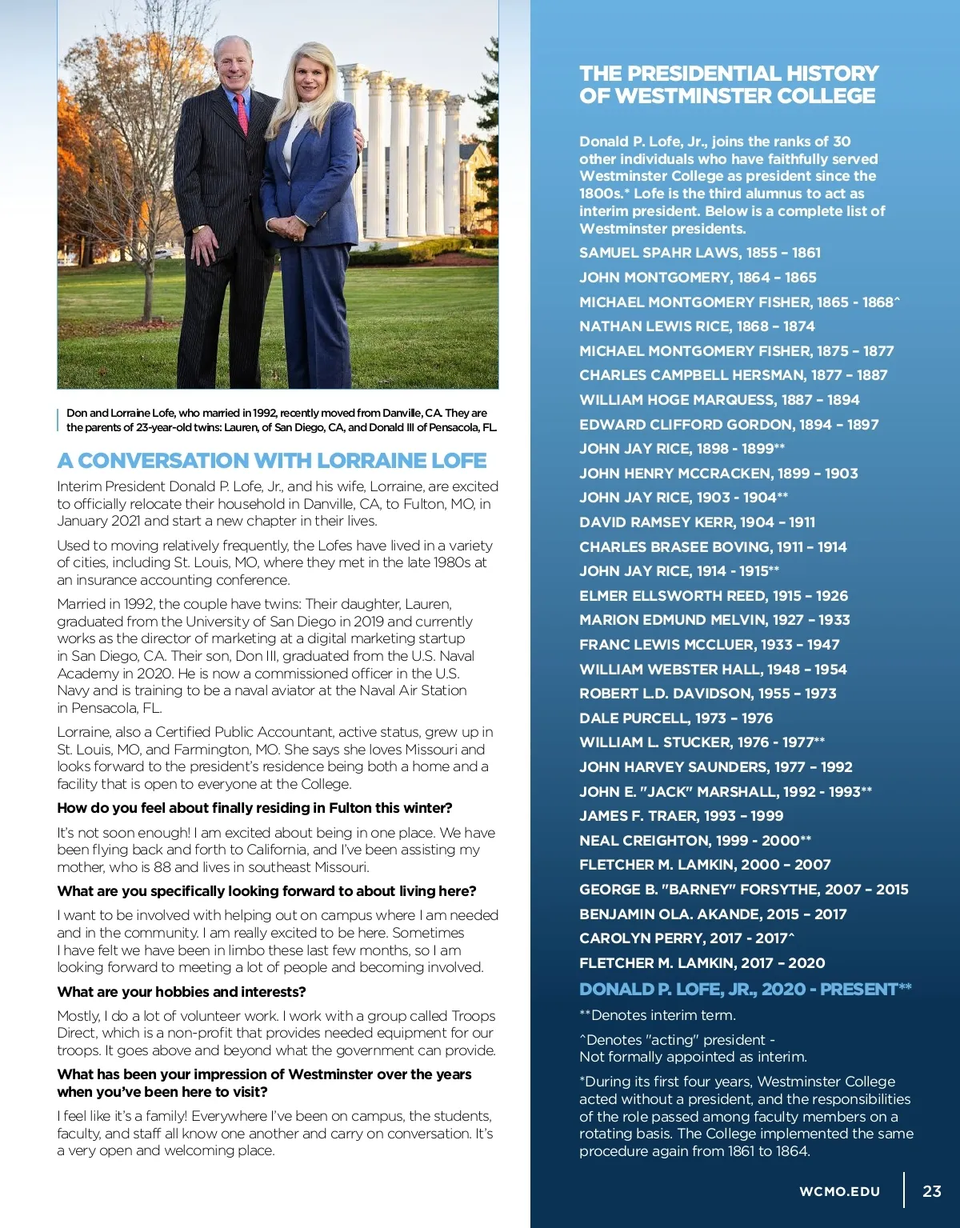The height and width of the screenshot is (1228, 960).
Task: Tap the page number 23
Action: coord(932,1190)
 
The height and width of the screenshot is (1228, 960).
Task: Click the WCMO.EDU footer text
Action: coord(839,1191)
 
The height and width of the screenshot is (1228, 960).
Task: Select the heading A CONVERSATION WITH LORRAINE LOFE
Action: coord(272,461)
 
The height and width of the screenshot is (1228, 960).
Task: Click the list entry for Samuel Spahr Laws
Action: coord(700,253)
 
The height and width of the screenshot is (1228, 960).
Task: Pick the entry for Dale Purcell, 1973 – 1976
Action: coord(676,718)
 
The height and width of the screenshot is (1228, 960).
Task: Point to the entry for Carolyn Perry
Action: coord(686,938)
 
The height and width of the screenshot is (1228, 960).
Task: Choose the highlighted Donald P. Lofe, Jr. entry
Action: coord(745,989)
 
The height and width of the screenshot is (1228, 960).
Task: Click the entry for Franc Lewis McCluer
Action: coord(709,645)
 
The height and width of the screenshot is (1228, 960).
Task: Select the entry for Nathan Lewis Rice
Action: coord(697,326)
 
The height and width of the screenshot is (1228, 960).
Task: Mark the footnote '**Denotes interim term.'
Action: coord(658,1015)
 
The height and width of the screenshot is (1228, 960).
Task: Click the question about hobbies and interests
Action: coord(182,992)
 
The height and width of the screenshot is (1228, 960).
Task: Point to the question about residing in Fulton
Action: coord(254,808)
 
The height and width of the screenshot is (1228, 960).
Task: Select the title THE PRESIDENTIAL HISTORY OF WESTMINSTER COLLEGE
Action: coord(729,85)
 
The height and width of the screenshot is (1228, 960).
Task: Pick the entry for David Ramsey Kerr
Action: coord(697,522)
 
